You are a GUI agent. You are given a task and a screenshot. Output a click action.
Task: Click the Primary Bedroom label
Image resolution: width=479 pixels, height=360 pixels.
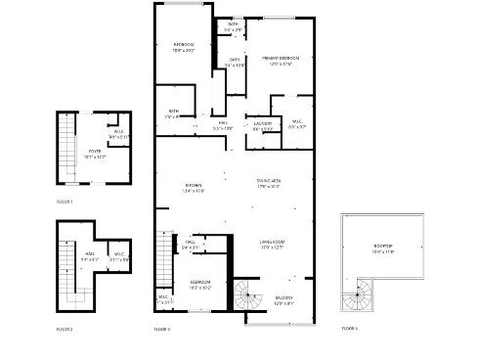(x=280, y=60)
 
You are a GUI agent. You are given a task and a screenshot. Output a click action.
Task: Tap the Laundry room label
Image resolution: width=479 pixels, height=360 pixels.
(x=263, y=125)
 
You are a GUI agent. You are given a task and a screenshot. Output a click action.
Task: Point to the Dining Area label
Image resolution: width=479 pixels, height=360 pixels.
(x=269, y=182)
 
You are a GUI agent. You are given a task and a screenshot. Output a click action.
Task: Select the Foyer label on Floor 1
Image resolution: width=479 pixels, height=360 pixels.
(x=94, y=153)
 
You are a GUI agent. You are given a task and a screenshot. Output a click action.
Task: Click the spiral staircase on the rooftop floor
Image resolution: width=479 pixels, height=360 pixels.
(x=356, y=296)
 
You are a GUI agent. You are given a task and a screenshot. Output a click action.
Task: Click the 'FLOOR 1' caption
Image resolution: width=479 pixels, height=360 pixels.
(x=65, y=202)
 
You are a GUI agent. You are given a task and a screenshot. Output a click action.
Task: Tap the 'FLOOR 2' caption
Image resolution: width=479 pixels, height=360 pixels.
(x=65, y=329)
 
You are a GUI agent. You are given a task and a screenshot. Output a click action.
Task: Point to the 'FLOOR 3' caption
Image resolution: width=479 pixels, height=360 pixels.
(x=162, y=329)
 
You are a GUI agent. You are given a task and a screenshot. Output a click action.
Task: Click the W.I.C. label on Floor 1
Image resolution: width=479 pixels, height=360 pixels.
(x=117, y=134)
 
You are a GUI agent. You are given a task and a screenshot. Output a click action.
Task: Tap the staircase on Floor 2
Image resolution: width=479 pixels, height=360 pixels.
(x=69, y=269)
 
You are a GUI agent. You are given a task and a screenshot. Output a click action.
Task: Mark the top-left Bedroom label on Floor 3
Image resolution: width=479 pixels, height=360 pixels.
(x=184, y=47)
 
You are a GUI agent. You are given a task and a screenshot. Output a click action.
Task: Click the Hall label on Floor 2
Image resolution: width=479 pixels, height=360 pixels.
(x=89, y=256)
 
